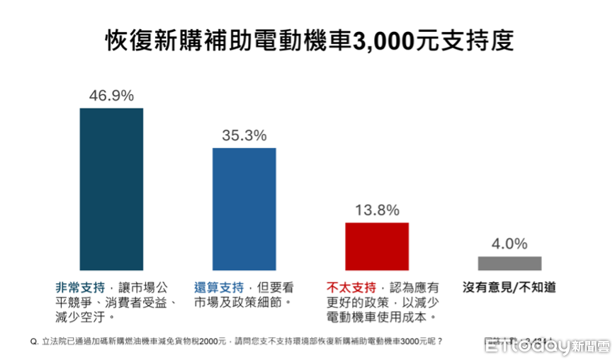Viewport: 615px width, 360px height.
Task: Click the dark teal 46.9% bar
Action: (111, 189)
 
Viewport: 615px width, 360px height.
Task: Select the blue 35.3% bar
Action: (244, 209)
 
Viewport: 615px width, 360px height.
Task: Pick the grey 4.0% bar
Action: (509, 263)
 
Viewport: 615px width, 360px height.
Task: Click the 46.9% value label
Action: (111, 96)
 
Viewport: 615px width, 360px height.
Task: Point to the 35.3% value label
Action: (244, 135)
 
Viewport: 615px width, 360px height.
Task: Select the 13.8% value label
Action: (377, 210)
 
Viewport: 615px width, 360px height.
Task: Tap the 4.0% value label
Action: (509, 244)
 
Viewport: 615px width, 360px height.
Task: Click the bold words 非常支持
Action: (80, 288)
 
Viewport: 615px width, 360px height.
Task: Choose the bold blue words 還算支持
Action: (219, 288)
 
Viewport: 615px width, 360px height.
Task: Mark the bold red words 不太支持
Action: (351, 288)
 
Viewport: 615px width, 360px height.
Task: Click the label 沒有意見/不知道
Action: (509, 288)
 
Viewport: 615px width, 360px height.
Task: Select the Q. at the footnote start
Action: (34, 341)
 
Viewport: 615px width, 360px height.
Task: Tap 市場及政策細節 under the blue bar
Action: (239, 303)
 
